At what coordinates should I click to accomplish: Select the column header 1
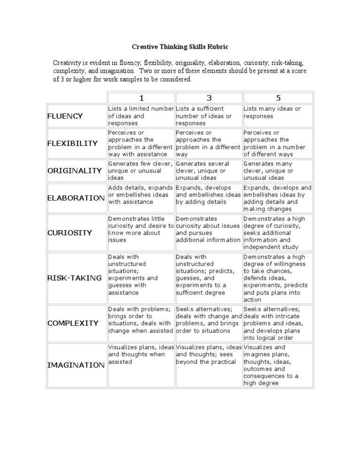coord(141,98)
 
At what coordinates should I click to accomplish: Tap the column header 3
coord(209,98)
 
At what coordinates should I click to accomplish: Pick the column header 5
coord(278,98)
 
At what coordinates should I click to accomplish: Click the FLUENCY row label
coord(65,116)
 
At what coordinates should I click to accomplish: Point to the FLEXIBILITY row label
coord(73,143)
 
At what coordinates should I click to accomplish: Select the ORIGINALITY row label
coord(75,171)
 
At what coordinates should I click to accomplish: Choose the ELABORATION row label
coord(76,198)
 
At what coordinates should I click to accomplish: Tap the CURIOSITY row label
coord(70,233)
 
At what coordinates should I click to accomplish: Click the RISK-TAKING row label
coord(75,278)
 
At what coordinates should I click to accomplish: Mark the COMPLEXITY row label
coord(73,323)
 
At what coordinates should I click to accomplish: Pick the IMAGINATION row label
coord(76,365)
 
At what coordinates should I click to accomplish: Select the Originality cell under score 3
coord(209,171)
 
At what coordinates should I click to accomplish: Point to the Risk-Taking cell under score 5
coord(277,278)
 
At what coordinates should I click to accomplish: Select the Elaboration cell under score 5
coord(277,198)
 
